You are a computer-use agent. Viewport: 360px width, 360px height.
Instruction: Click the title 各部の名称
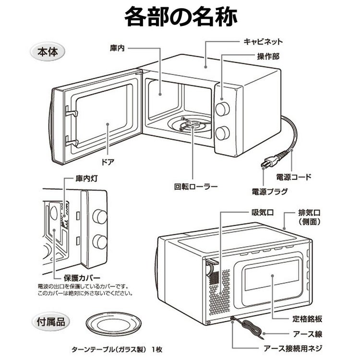coord(180,18)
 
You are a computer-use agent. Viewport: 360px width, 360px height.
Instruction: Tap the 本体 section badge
coord(47,51)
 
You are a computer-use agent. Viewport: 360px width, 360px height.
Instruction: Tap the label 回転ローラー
coord(196,186)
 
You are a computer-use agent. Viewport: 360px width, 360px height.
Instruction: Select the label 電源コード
coord(292,177)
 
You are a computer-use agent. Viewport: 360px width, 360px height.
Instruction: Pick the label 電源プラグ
coord(270,192)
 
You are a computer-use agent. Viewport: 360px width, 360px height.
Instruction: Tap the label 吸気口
coord(262,211)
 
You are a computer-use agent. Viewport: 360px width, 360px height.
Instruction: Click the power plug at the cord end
coord(265,163)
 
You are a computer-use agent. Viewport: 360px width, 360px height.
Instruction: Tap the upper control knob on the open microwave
coord(223,109)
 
